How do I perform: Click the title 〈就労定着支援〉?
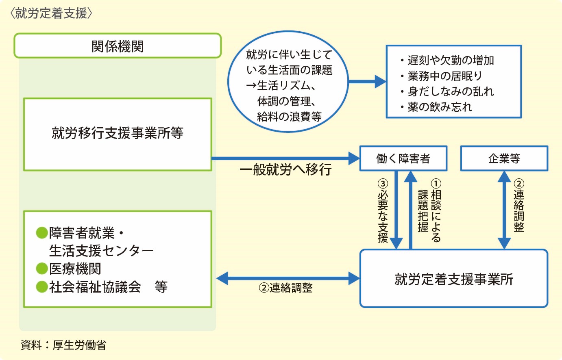tap(51, 13)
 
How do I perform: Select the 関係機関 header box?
tap(118, 46)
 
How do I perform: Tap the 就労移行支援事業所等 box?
tap(118, 134)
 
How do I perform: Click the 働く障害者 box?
tap(403, 158)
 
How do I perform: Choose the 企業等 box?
tap(504, 158)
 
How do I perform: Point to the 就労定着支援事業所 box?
tap(453, 279)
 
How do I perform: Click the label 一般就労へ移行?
tap(285, 169)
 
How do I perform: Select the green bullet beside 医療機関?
tap(42, 269)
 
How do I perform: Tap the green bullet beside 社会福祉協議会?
tap(42, 287)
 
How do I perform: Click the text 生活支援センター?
tap(101, 251)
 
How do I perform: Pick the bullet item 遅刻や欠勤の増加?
tap(450, 61)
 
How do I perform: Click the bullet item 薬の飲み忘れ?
tap(440, 107)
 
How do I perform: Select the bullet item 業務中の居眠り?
tap(445, 76)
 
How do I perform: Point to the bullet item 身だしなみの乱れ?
tap(450, 91)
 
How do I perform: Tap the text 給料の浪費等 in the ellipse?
tap(289, 117)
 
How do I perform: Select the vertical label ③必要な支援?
tap(383, 211)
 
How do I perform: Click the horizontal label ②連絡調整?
tap(285, 288)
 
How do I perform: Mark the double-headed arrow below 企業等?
tap(504, 210)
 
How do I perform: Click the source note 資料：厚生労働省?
tap(63, 345)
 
